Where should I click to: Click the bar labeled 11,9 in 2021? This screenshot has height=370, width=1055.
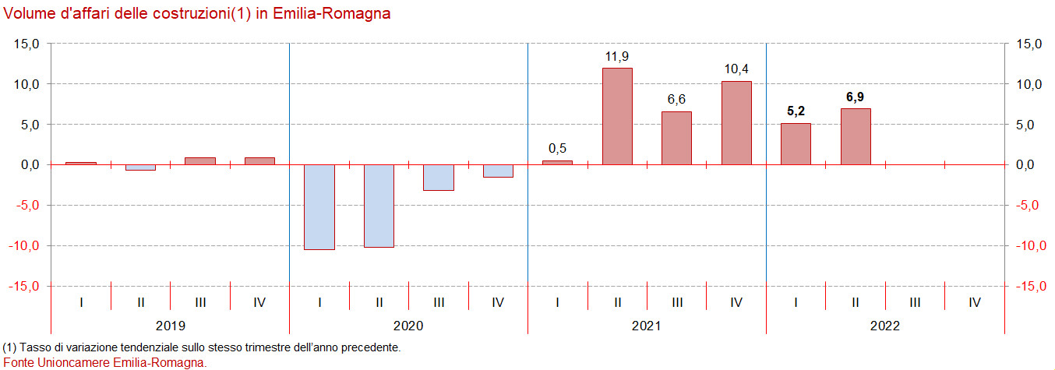(617, 116)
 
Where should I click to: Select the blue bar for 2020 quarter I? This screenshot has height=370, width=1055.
(319, 206)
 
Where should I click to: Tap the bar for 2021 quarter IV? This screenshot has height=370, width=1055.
(736, 123)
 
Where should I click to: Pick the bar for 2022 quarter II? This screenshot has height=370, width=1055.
(856, 136)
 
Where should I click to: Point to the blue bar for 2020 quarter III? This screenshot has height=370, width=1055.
(439, 178)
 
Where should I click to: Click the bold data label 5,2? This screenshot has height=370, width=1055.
(796, 111)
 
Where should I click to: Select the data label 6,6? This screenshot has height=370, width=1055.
(676, 100)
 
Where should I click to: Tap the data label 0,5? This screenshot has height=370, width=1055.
(557, 148)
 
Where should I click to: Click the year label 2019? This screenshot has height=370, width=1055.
(171, 326)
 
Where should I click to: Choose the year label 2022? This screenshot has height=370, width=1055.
(885, 326)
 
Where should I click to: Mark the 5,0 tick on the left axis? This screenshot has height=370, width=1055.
(30, 125)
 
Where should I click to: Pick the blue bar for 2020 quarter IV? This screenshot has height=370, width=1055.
(498, 171)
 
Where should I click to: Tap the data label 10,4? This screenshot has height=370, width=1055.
(736, 69)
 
